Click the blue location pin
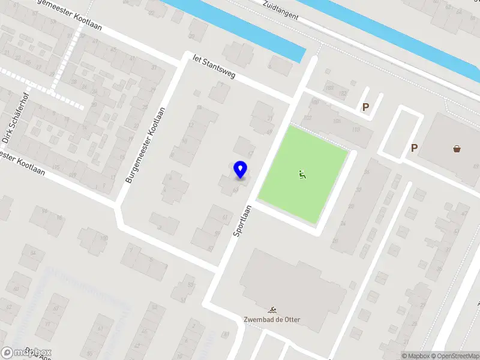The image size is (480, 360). tap(240, 169)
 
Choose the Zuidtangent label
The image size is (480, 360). tap(281, 10)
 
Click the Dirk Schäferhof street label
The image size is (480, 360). tap(14, 124)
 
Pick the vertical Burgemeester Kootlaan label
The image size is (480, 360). tap(144, 146)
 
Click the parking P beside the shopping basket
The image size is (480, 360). tap(414, 148)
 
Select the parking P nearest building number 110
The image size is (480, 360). tap(365, 107)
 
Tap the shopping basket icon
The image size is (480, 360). tap(457, 148)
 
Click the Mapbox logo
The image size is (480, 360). tap(26, 353)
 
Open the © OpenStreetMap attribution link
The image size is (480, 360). tap(455, 356)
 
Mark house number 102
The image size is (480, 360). tap(308, 118)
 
